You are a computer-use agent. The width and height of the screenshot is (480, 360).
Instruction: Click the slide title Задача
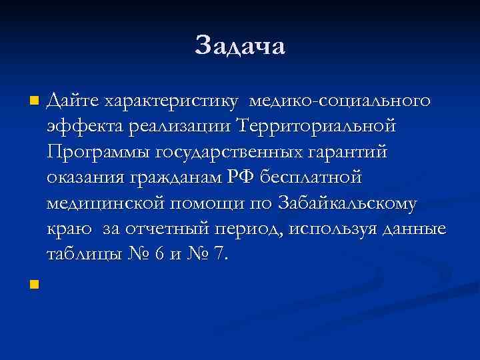240,45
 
